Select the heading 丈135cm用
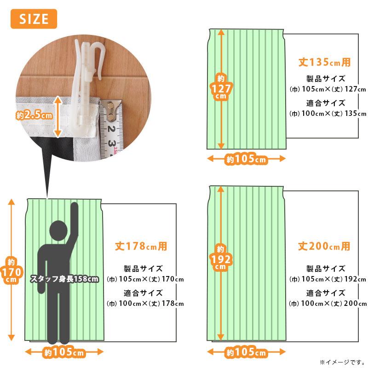324,61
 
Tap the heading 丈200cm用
324,246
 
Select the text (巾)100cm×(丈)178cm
145,303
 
